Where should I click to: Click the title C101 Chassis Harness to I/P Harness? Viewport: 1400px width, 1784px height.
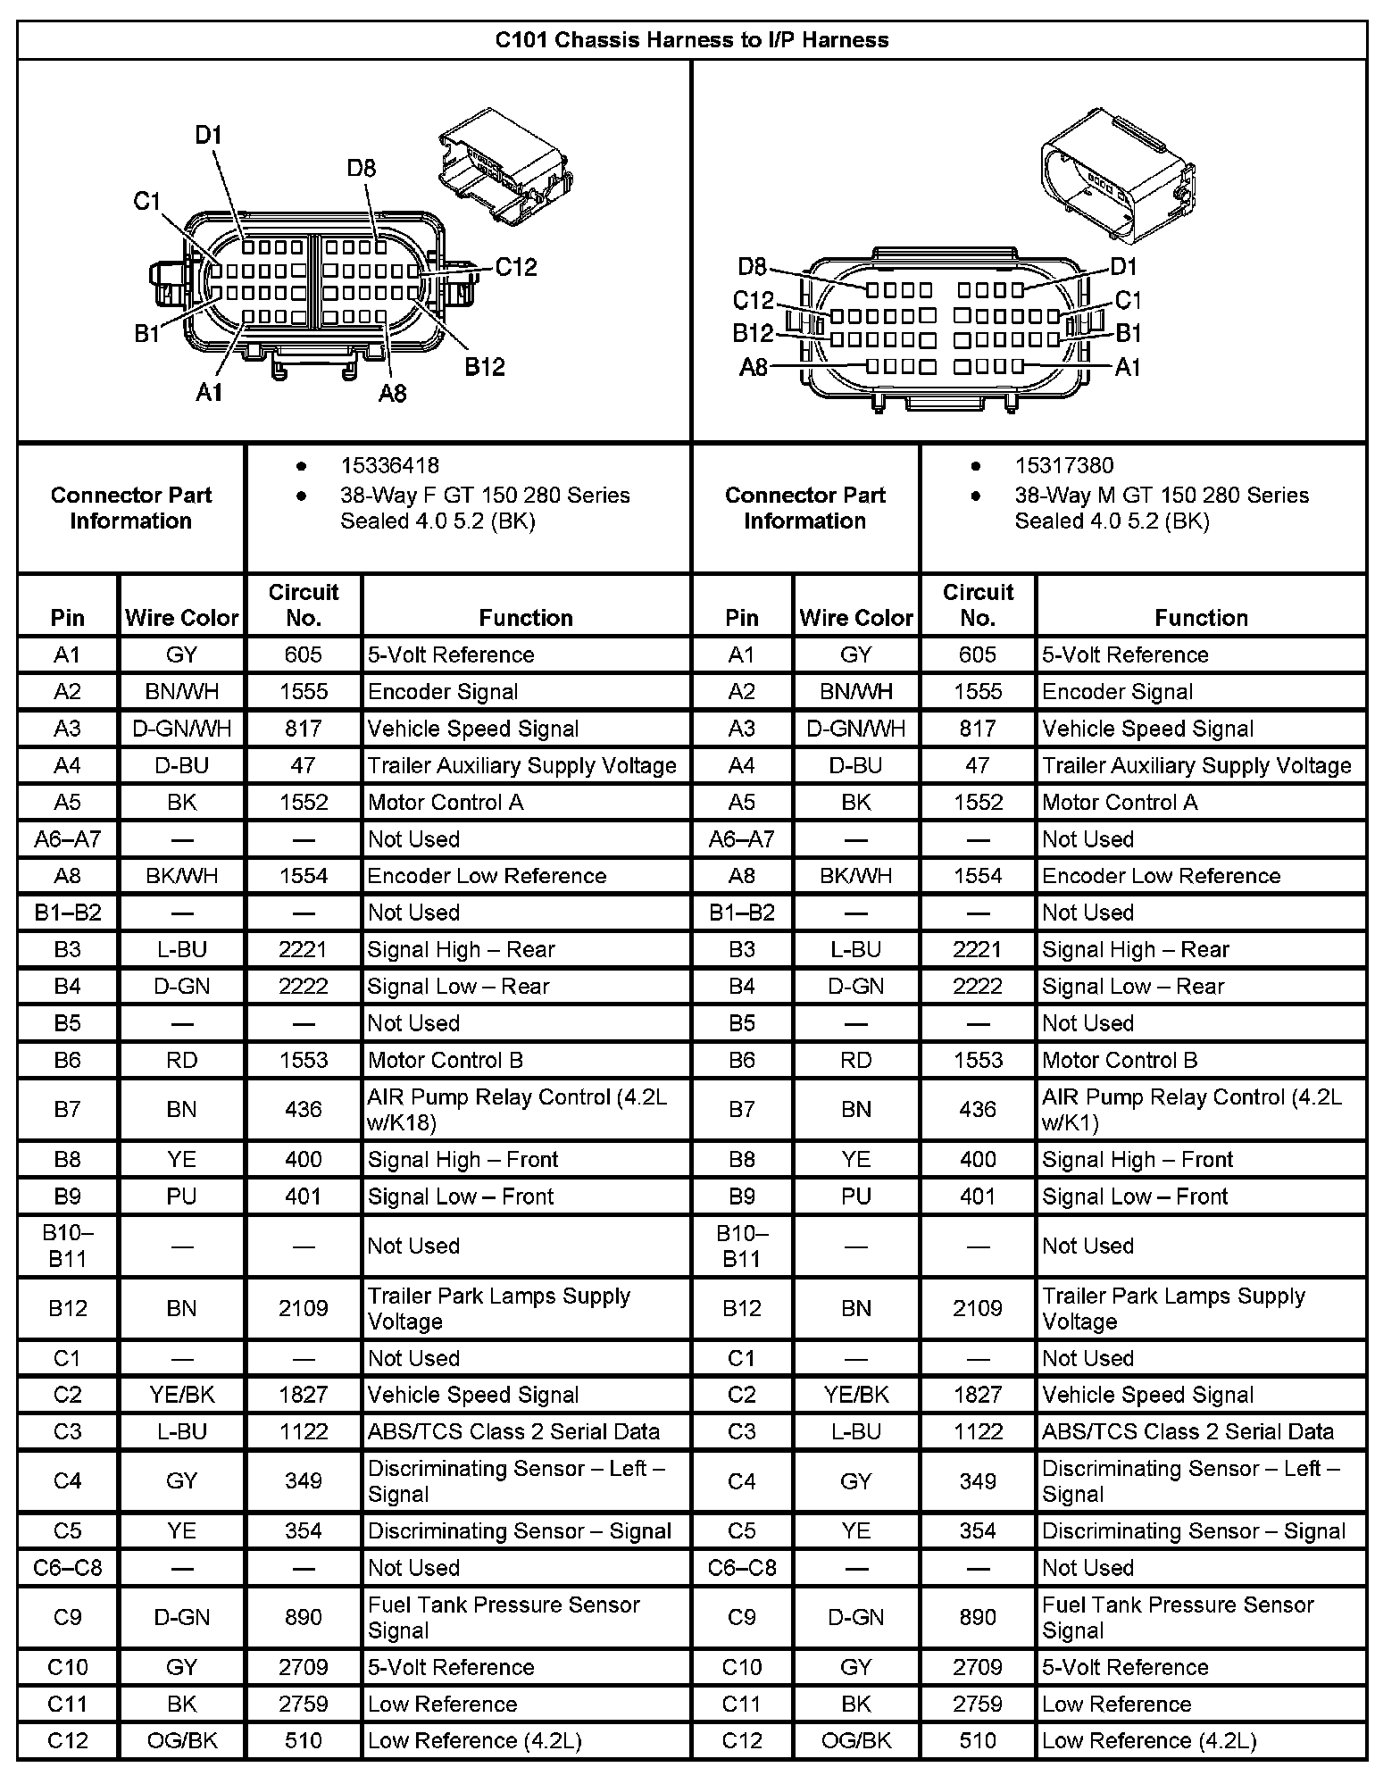pyautogui.click(x=692, y=40)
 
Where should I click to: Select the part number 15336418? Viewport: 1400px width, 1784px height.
pyautogui.click(x=389, y=465)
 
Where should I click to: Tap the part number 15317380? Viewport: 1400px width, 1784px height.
pyautogui.click(x=1063, y=465)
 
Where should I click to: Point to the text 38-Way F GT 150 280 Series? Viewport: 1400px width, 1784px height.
pyautogui.click(x=485, y=496)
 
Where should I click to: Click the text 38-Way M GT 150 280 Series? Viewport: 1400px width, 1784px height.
pyautogui.click(x=1161, y=496)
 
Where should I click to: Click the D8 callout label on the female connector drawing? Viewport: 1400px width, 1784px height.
pyautogui.click(x=362, y=169)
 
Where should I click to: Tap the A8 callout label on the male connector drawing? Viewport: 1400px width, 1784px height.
pyautogui.click(x=753, y=367)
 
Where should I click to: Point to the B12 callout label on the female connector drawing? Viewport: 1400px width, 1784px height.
pyautogui.click(x=485, y=367)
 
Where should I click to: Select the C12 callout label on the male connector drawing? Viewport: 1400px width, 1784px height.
pyautogui.click(x=753, y=301)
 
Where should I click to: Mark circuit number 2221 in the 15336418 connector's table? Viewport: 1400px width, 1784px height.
pyautogui.click(x=303, y=949)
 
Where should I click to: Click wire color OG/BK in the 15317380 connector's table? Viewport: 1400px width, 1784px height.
pyautogui.click(x=855, y=1740)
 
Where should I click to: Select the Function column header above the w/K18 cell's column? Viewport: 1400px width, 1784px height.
pyautogui.click(x=526, y=617)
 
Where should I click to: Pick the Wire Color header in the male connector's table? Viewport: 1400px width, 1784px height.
pyautogui.click(x=855, y=617)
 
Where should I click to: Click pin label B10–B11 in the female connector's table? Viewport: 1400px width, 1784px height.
pyautogui.click(x=67, y=1246)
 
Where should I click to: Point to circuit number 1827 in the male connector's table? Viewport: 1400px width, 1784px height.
pyautogui.click(x=978, y=1395)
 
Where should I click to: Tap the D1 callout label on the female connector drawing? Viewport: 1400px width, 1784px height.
pyautogui.click(x=208, y=136)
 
